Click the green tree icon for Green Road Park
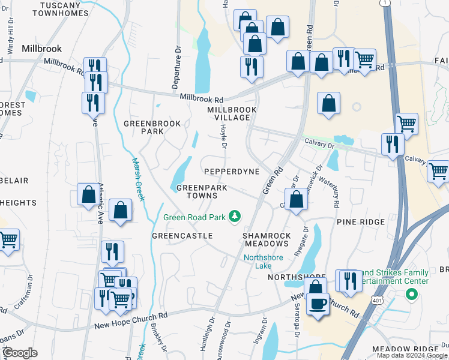(x=237, y=216)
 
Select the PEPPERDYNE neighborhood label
(x=232, y=172)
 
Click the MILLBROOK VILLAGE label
(x=232, y=113)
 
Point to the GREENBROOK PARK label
(x=143, y=127)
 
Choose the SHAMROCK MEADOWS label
(x=266, y=239)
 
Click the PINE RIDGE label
(x=360, y=222)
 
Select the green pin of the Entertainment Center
(x=411, y=295)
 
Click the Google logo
(x=20, y=353)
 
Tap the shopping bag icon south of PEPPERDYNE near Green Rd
(x=296, y=200)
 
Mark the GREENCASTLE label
(x=182, y=236)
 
